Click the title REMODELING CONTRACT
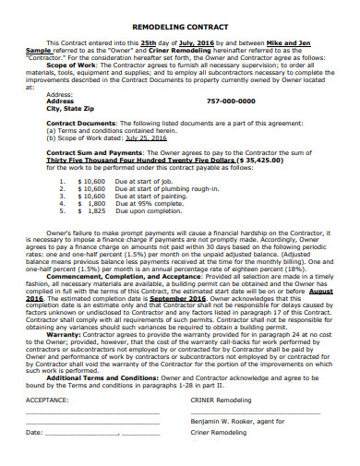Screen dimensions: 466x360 [180, 28]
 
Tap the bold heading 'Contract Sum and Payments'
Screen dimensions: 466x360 [90, 151]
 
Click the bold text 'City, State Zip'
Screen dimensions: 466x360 [72, 108]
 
